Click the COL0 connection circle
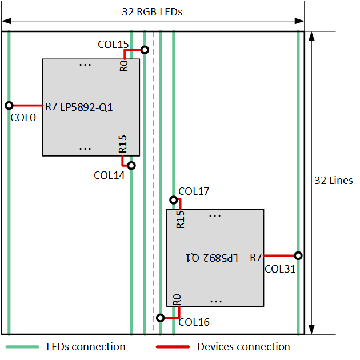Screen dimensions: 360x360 pos(9,105)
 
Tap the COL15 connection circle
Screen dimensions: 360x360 pos(145,50)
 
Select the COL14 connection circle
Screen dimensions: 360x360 pos(131,166)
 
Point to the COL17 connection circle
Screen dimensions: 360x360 pos(173,200)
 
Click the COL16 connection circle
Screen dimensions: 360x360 pos(161,317)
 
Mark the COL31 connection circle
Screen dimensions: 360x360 pos(298,255)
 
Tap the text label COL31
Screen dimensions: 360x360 pos(280,269)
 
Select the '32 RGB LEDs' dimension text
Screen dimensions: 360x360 pos(152,12)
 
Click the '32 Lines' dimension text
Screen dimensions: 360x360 pos(334,181)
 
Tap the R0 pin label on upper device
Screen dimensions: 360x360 pos(124,66)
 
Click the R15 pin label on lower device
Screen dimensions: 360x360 pos(181,219)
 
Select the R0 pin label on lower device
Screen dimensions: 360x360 pos(177,299)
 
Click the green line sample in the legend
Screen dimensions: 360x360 pos(22,347)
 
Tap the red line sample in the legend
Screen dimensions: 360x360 pos(172,347)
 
